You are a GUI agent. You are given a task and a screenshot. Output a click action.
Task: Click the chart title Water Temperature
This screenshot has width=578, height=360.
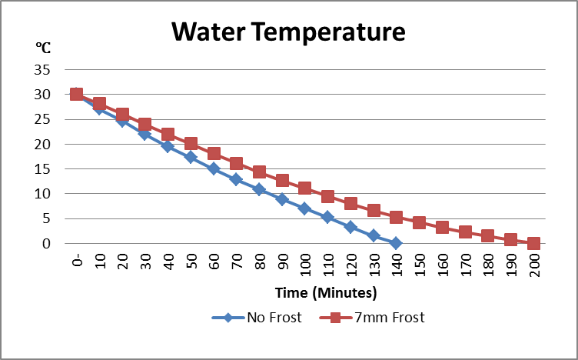(288, 32)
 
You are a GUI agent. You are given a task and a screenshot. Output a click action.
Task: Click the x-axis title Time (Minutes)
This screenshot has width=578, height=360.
(327, 292)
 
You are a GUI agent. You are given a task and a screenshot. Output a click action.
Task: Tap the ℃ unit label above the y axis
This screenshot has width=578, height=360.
(43, 48)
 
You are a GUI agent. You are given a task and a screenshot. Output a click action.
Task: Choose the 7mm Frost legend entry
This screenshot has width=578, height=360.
(391, 317)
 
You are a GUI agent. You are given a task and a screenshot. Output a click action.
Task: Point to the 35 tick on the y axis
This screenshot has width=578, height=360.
(42, 70)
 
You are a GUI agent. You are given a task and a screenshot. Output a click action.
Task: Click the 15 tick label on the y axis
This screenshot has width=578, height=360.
(42, 169)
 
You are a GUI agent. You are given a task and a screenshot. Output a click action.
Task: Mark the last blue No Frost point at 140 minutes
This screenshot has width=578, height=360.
(396, 243)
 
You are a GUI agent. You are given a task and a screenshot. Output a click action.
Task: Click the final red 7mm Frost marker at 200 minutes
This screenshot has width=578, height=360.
(533, 243)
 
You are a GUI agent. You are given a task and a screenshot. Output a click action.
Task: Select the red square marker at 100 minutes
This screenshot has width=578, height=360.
(304, 188)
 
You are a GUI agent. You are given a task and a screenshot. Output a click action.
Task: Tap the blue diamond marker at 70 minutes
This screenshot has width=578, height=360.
(236, 180)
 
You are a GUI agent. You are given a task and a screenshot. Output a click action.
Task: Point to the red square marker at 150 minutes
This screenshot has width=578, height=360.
(419, 222)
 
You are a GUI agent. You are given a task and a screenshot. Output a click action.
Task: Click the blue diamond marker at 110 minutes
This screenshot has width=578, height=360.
(327, 218)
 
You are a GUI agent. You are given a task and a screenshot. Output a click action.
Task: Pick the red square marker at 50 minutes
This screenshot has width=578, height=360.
(191, 144)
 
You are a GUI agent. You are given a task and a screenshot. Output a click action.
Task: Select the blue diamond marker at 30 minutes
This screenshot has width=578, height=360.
(144, 134)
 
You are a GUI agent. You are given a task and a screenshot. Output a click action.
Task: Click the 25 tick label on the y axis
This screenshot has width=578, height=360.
(42, 119)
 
